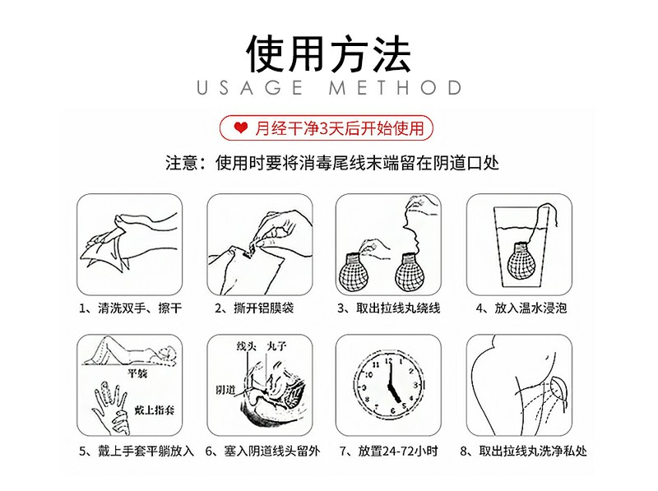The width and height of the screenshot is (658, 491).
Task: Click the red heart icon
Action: (x=240, y=128)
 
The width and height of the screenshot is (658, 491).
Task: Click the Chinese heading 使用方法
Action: (x=328, y=53)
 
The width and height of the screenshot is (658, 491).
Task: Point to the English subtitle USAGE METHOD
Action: (x=329, y=88)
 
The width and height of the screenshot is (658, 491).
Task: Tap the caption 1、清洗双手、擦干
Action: (x=131, y=308)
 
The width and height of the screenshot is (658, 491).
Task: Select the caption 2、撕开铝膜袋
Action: (x=254, y=308)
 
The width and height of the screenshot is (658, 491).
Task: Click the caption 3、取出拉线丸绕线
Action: (x=389, y=308)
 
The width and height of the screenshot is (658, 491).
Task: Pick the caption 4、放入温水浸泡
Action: (x=521, y=308)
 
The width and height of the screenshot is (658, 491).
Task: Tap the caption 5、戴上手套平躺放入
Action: (x=137, y=452)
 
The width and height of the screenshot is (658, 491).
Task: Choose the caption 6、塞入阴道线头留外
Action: (x=262, y=452)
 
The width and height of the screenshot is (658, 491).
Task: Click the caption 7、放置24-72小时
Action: (x=389, y=452)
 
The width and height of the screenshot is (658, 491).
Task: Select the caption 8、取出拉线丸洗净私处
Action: (x=523, y=452)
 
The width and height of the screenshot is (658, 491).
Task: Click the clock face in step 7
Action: (x=390, y=386)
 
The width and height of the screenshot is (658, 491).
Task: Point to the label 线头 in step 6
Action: (x=246, y=346)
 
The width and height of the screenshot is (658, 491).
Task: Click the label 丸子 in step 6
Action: (x=276, y=346)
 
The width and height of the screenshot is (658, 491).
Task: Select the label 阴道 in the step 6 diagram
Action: (x=226, y=390)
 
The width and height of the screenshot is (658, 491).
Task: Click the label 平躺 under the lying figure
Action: (x=137, y=373)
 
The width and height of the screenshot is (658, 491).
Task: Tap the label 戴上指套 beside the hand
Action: (x=155, y=410)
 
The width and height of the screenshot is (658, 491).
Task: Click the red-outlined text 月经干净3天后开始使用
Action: (x=340, y=128)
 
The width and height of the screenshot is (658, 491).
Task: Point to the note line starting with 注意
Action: (x=332, y=163)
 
